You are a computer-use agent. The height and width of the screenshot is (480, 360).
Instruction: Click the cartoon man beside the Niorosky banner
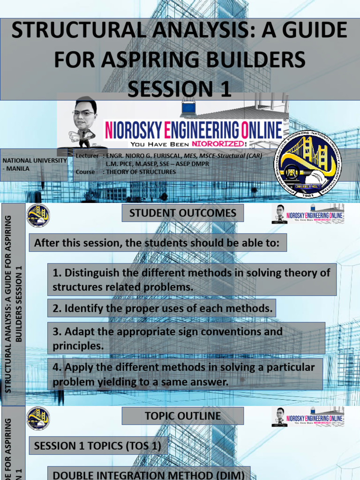click(x=83, y=123)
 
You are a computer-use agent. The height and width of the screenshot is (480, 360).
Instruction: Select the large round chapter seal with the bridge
click(x=307, y=163)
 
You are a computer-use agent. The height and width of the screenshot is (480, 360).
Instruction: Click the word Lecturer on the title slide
click(x=87, y=156)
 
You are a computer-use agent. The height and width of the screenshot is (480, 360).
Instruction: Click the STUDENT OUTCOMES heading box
click(x=183, y=213)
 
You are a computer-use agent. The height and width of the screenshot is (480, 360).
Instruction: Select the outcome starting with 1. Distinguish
click(x=192, y=279)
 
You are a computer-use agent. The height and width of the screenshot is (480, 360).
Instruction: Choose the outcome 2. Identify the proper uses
click(x=162, y=308)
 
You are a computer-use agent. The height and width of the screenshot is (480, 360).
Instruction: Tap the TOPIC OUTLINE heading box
click(x=183, y=416)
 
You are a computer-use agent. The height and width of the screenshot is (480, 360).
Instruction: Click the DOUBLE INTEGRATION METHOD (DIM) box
click(x=149, y=474)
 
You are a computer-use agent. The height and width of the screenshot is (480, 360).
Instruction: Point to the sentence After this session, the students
click(x=157, y=243)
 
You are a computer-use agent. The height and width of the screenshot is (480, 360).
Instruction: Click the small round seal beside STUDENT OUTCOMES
click(x=37, y=216)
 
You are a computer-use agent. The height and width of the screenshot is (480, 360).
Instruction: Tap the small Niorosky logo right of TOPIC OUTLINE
click(x=308, y=417)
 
